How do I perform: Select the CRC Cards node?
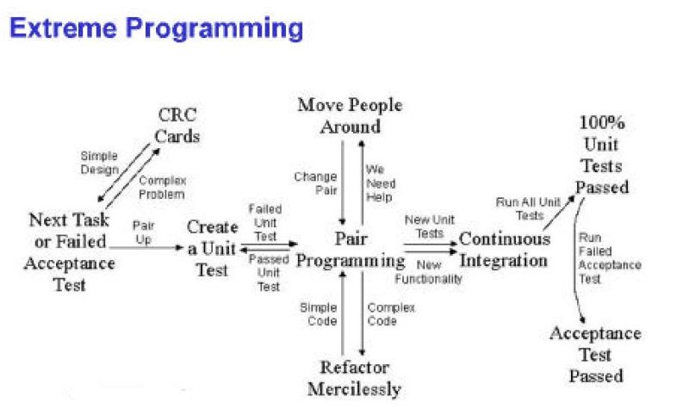pyautogui.click(x=178, y=126)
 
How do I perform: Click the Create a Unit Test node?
pyautogui.click(x=213, y=249)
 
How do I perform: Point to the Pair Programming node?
pyautogui.click(x=351, y=249)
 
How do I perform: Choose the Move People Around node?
pyautogui.click(x=350, y=115)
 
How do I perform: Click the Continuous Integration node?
pyautogui.click(x=504, y=249)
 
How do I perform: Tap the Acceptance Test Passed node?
pyautogui.click(x=595, y=354)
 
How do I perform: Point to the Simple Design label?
pyautogui.click(x=99, y=163)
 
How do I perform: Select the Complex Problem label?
pyautogui.click(x=162, y=188)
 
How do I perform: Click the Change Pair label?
pyautogui.click(x=315, y=183)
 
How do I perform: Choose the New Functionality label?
pyautogui.click(x=428, y=273)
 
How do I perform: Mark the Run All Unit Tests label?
pyautogui.click(x=519, y=208)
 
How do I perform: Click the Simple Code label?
pyautogui.click(x=318, y=314)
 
